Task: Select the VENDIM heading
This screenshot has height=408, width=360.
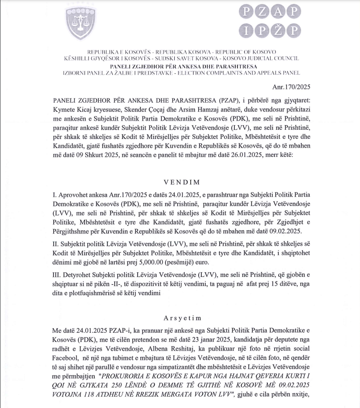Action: pos(180,182)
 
